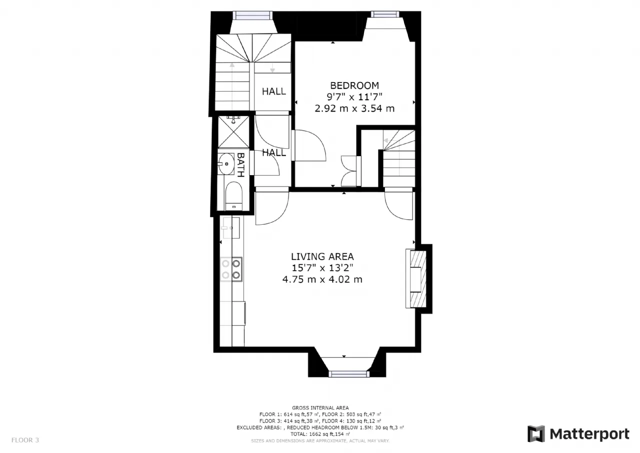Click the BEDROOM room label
point(354,86)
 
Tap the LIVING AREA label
point(322,256)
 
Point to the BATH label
point(241,165)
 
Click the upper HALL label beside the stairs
point(273,92)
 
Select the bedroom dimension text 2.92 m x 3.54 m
point(354,109)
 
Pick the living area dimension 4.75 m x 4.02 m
point(322,279)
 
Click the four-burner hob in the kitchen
point(231,269)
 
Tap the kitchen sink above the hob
point(231,228)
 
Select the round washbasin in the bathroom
point(226,164)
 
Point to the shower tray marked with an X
point(233,132)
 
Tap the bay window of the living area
point(348,374)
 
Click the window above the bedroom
point(385,15)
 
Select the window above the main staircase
point(252,15)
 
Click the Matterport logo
point(578,434)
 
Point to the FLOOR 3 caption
point(25,440)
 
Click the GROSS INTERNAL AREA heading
point(320,408)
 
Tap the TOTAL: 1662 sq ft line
point(320,434)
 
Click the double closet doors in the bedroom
point(349,171)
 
